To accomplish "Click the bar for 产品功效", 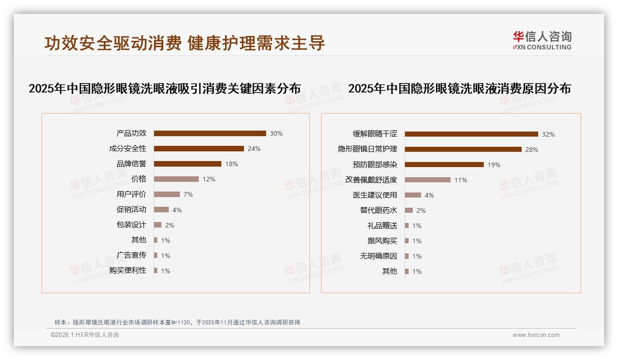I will pos(210,133).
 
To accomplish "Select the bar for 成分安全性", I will pos(199,149).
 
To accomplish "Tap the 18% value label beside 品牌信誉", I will pos(232,164).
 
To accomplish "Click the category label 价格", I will pos(138,179).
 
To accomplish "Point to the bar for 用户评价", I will pos(166,194).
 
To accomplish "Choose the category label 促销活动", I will pos(131,209).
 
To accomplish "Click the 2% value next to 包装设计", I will pos(169,225).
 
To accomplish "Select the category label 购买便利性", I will pos(127,270).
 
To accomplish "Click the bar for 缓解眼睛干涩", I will pos(471,134).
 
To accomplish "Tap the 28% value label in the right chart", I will pos(532,150).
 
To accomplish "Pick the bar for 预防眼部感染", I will pos(444,165).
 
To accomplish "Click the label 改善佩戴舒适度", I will pos(371,180).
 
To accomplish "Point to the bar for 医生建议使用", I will pos(413,195).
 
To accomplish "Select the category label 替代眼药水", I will pos(378,210).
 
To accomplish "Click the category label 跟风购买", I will pos(382,240).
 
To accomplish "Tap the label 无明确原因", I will pos(378,256).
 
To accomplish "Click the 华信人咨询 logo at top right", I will pos(542,40).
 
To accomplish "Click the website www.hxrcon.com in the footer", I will pos(535,335).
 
